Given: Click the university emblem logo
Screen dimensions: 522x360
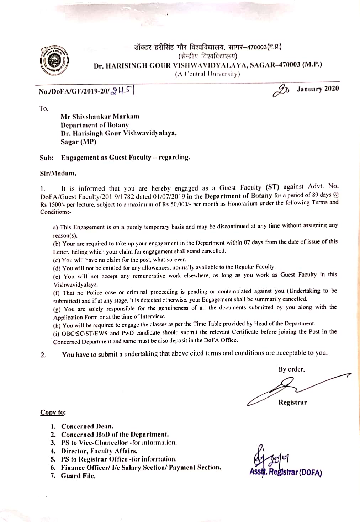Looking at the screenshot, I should coord(54,59).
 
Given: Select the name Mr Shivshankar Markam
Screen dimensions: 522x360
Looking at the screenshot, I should coord(100,116).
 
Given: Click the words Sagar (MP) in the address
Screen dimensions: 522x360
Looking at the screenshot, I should coord(78,142).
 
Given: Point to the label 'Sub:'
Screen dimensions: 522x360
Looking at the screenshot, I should coord(47,158).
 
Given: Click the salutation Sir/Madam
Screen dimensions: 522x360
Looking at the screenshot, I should coord(58,174).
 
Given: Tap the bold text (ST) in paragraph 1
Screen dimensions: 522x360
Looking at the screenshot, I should coord(272,187).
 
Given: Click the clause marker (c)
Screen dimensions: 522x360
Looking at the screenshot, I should coord(57,260).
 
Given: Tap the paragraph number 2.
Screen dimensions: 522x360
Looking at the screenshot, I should coord(43,355).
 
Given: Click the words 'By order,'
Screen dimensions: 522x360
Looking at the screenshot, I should coord(291,369).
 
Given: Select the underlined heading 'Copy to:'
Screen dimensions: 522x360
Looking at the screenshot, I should coord(53,412).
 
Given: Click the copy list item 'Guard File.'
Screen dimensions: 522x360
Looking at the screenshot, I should coord(78,476).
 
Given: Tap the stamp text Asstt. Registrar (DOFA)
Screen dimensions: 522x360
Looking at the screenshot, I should coord(286,472).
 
